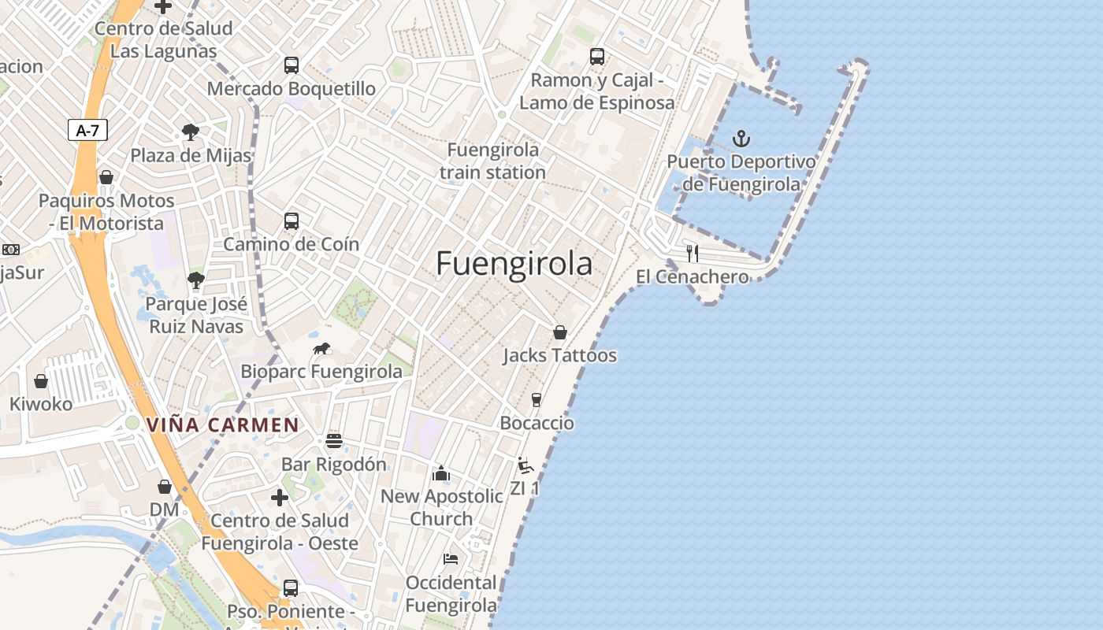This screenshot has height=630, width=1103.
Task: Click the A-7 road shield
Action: [87, 130]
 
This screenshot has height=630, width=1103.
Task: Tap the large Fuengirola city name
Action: [514, 263]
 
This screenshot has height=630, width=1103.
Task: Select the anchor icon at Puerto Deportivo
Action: [741, 139]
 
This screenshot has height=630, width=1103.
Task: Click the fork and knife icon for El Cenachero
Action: [693, 253]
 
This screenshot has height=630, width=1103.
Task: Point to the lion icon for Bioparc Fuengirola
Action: [321, 348]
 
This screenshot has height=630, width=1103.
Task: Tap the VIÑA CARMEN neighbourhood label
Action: [222, 425]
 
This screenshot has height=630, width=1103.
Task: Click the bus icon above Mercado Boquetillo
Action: [292, 65]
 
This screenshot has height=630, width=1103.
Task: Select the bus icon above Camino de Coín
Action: [292, 221]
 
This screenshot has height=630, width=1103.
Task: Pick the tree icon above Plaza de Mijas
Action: [190, 132]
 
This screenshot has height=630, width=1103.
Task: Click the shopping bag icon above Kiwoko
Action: [41, 381]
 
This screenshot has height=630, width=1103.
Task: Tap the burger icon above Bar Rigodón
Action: [334, 440]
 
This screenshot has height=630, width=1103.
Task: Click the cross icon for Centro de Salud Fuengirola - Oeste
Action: [279, 498]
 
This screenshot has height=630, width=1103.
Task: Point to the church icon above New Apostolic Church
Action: [441, 473]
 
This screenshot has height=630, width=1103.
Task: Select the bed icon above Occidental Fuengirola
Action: [451, 559]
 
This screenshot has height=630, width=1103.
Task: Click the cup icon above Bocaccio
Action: [537, 400]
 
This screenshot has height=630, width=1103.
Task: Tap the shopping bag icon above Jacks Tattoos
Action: [560, 332]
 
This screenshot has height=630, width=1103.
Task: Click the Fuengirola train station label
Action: [492, 161]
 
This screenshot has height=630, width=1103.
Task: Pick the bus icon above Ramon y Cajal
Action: [597, 57]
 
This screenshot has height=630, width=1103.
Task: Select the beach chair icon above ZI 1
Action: [526, 465]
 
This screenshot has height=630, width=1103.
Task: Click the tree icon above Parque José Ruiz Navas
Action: [196, 280]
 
